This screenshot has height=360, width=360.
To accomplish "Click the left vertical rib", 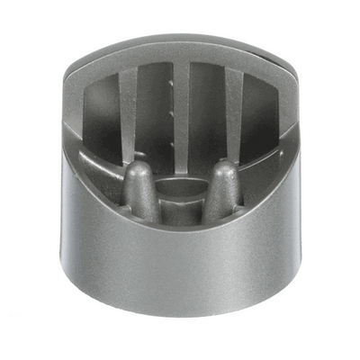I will point(128,112).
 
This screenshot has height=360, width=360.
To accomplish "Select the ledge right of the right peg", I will point(265,166).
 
